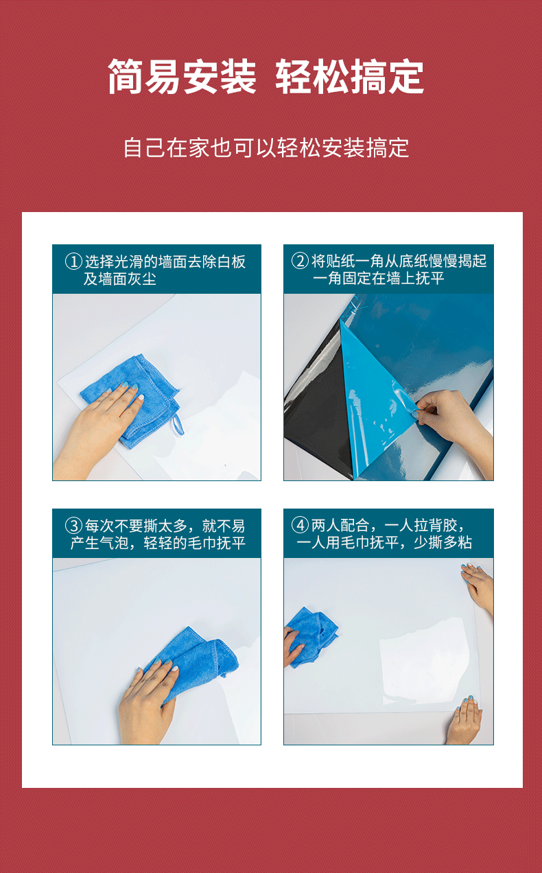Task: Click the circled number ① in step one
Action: [73, 261]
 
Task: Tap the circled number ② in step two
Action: [300, 261]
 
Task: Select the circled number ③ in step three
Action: [73, 526]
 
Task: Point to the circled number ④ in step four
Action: [300, 525]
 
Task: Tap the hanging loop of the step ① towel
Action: [178, 424]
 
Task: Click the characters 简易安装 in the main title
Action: [182, 76]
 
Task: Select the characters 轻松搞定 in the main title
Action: [349, 76]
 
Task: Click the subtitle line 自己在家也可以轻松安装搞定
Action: [266, 148]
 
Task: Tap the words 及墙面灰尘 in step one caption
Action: [119, 279]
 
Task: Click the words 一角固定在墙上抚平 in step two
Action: [378, 278]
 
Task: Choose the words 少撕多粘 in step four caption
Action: [443, 542]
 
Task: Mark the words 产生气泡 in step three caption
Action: [99, 542]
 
